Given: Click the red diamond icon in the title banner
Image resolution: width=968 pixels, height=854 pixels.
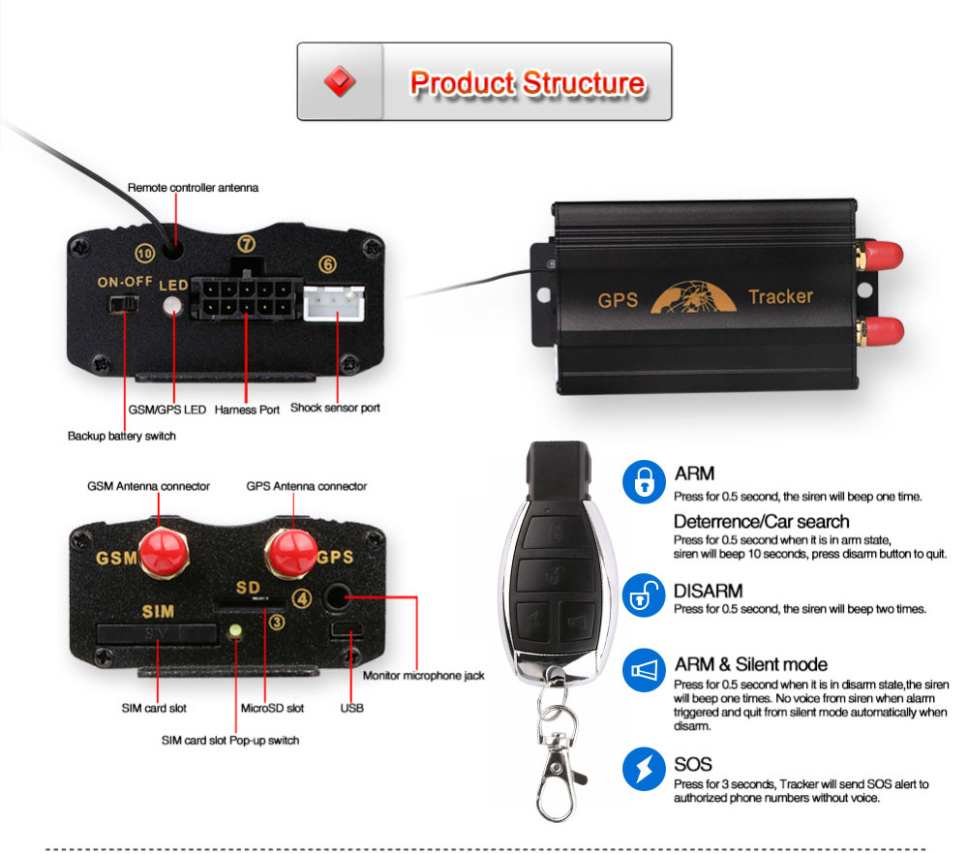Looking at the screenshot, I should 340,81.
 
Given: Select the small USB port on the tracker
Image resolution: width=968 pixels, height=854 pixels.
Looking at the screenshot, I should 345,632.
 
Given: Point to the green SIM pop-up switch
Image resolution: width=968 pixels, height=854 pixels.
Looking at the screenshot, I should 235,633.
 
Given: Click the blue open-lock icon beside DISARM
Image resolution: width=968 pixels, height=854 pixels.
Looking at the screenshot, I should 643,595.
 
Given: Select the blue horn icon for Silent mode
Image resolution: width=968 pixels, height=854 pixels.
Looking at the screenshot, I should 643,670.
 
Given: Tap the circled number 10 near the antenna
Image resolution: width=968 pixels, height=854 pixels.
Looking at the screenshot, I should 144,254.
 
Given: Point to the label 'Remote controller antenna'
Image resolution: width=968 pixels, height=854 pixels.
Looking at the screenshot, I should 194,186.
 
